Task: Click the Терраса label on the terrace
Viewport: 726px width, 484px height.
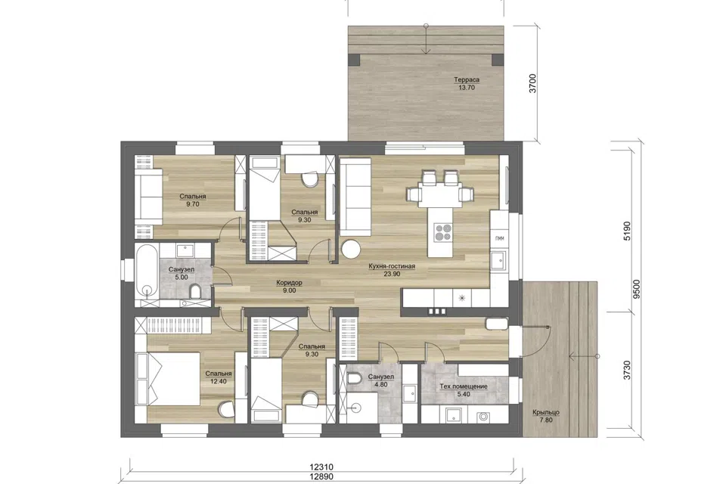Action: (467, 79)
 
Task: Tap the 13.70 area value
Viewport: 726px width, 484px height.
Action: (467, 87)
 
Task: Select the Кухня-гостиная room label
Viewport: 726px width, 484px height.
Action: (392, 266)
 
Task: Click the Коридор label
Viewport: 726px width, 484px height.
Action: (289, 283)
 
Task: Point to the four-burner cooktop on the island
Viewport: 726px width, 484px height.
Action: (443, 232)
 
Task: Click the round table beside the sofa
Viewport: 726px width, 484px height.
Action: (350, 248)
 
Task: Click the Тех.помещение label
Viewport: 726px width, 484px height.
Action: (463, 386)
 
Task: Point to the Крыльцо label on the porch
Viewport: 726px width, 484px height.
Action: (546, 412)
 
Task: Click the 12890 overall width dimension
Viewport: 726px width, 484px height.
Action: (321, 476)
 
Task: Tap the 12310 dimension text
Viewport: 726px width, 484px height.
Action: (321, 467)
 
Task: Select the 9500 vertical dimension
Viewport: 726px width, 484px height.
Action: (637, 289)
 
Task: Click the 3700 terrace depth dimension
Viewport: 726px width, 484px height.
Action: (533, 83)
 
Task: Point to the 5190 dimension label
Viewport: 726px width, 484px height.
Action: (628, 231)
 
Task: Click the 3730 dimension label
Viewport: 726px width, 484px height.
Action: (628, 371)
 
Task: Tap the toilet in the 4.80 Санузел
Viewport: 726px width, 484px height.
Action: (353, 380)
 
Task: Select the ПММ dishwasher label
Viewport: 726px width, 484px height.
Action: (500, 238)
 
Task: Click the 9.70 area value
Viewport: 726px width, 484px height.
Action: (193, 203)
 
